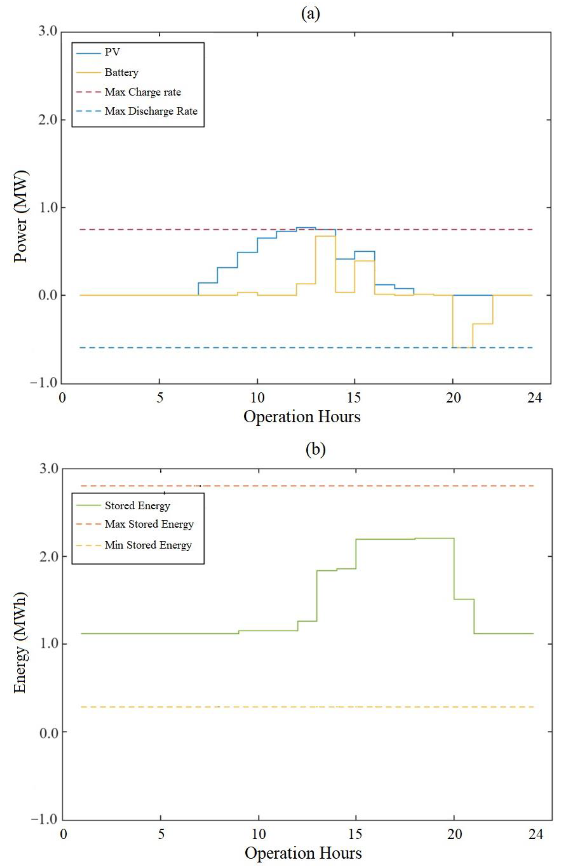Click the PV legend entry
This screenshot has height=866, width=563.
112,52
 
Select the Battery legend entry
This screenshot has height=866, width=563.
121,72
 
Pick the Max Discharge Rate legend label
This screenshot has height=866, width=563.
151,111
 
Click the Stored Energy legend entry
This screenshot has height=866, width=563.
137,505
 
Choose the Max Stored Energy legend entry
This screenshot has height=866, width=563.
149,524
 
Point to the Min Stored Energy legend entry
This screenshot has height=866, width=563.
148,545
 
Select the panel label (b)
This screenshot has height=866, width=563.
315,449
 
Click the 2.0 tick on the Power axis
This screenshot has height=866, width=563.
48,120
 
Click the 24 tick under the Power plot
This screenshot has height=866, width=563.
534,398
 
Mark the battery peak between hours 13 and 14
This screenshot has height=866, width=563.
325,236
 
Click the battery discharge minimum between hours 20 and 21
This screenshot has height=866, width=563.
462,348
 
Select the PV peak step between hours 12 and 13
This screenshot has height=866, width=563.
306,227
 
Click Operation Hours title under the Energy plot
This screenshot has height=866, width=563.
303,853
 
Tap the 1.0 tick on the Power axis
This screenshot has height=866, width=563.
48,208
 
